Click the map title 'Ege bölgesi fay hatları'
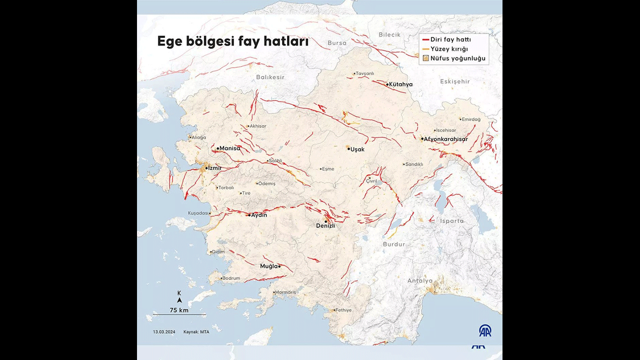coord(232,41)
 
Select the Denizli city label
coord(325,225)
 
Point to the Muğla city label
coord(268,266)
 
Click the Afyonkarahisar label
coord(445,139)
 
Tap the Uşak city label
coord(357,149)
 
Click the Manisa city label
coord(229,148)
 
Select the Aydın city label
coord(259,215)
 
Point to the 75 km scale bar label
coord(179,310)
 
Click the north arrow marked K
coord(179,298)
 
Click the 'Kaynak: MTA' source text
coord(196,332)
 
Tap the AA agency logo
coord(485,330)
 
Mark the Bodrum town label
coord(231,278)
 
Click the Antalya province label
coord(419,280)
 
